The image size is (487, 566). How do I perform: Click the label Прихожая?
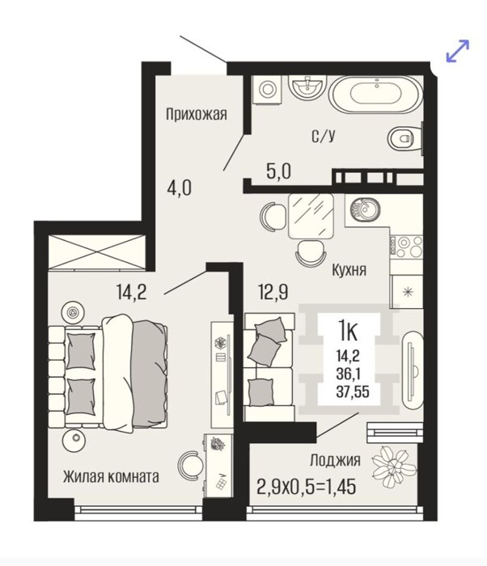196,115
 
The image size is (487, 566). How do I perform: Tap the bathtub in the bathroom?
375,95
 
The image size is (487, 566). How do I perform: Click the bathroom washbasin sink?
307,87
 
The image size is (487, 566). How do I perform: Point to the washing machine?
267,89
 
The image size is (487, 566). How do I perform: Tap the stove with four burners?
406,247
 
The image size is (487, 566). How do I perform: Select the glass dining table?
311,216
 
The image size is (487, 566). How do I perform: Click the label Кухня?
349,270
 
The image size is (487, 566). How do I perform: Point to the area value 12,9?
273,292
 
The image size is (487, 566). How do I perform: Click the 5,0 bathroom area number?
278,171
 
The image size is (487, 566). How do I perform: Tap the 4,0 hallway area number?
180,188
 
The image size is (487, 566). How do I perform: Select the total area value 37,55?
353,392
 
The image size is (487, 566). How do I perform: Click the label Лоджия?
335,461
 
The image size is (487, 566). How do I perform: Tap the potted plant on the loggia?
395,467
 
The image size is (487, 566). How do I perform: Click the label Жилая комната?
111,477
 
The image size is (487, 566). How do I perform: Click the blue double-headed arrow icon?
458,51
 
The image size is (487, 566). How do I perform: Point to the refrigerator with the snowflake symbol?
406,291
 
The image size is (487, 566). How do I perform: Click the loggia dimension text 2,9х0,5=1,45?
306,487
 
